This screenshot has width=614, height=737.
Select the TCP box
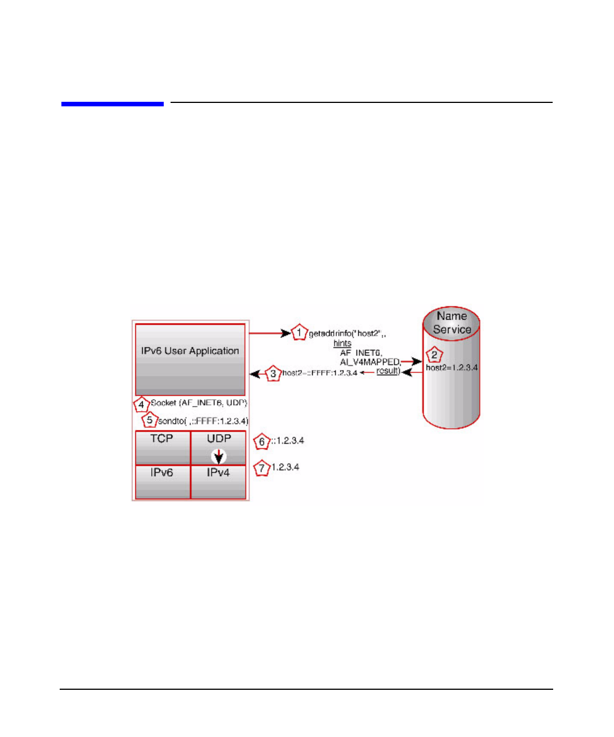point(162,447)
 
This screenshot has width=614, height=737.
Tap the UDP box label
point(219,438)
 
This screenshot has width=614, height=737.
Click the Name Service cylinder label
point(452,322)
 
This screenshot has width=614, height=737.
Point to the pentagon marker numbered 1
point(299,333)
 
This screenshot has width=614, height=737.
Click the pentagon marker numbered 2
point(434,355)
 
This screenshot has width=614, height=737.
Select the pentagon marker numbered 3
point(273,374)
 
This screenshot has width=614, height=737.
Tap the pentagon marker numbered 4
point(141,405)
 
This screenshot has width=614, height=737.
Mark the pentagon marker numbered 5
point(150,421)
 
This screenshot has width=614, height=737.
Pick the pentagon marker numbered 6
point(262,441)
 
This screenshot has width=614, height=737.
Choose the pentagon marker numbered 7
point(262,469)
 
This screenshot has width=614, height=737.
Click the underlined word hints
point(342,343)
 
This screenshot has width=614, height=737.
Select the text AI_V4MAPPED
point(370,362)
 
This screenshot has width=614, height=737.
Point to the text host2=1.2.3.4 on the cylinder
point(452,368)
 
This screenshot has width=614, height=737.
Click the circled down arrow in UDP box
point(219,456)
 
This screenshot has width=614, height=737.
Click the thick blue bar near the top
point(113,104)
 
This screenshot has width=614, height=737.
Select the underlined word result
point(388,371)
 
